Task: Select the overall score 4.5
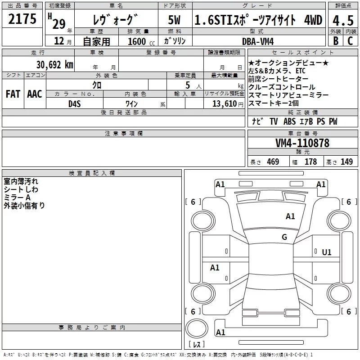click(342, 20)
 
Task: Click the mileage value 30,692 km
click(54, 64)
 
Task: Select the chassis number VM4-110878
click(302, 143)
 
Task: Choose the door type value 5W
click(175, 20)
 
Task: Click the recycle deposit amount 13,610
click(223, 103)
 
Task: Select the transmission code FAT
click(13, 94)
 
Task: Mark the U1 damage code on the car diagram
click(327, 252)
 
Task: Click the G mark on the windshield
click(284, 237)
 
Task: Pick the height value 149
click(346, 162)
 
